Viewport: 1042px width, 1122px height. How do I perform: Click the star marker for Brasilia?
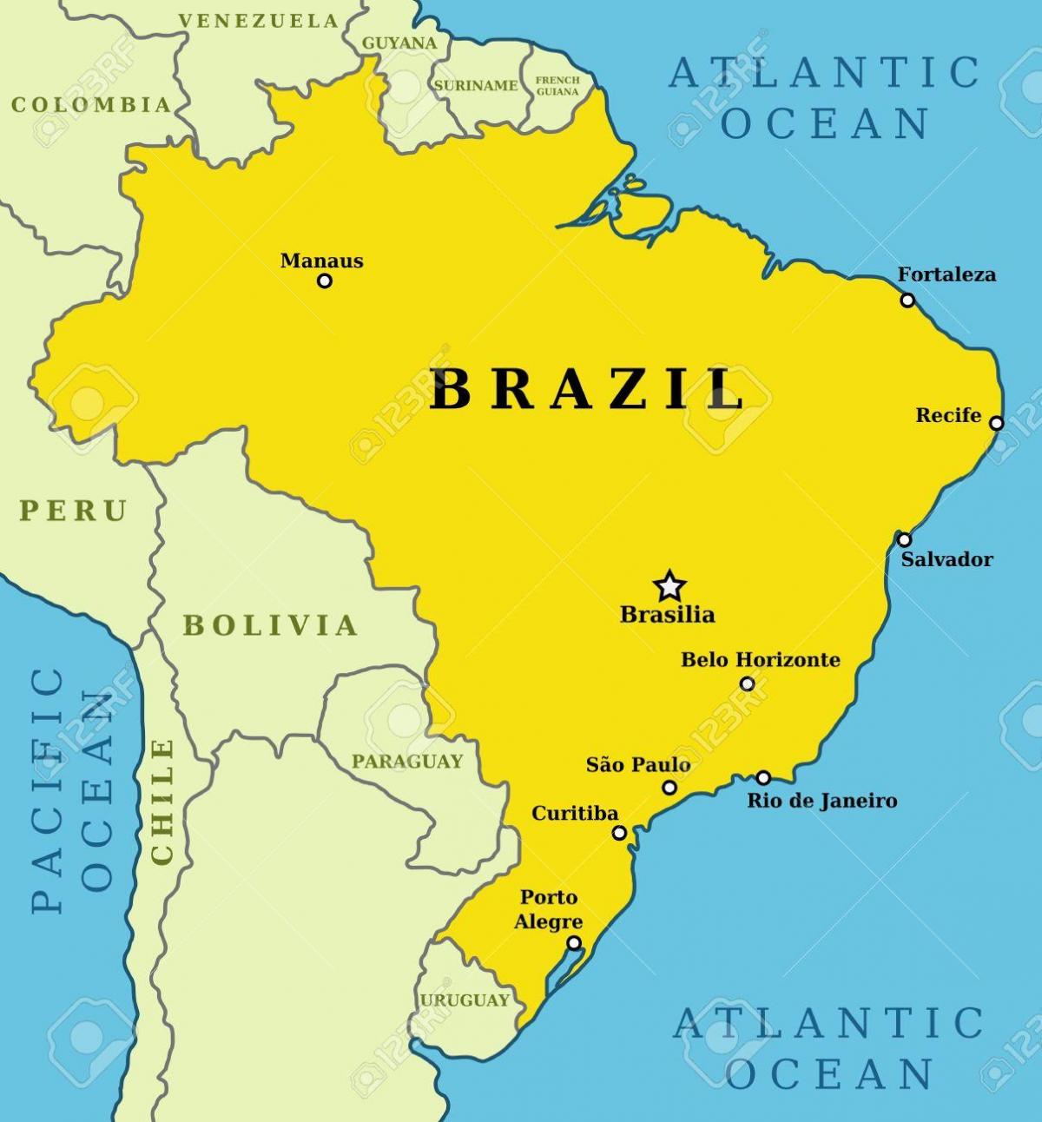pos(669,587)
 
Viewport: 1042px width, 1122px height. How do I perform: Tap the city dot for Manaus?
pos(325,280)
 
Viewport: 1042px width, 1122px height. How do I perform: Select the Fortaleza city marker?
pos(907,300)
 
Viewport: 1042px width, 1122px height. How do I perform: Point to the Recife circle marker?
pos(997,424)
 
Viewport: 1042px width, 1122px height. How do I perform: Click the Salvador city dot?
pos(905,539)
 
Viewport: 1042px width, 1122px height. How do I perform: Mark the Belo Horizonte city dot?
pos(747,684)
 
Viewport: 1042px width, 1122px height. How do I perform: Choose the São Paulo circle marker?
pos(669,788)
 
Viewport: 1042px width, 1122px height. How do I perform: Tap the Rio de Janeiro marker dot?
pos(763,777)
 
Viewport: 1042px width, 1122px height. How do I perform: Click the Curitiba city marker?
pos(619,833)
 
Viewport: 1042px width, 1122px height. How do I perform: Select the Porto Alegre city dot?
pos(574,943)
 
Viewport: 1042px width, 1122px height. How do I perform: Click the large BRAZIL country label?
pos(588,389)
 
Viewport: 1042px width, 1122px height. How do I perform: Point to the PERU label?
pos(74,511)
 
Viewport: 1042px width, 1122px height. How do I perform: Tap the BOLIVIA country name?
pos(269,625)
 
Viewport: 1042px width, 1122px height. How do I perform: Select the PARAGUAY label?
pos(406,762)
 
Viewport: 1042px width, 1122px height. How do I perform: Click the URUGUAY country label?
pos(465,1000)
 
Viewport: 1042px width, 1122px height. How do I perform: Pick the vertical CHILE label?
pos(162,801)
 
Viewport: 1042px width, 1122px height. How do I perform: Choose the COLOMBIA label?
pos(91,105)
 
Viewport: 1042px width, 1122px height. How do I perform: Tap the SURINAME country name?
pos(475,85)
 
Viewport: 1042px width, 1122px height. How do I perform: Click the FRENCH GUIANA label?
pos(557,85)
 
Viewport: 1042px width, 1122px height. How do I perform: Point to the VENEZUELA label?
pos(258,20)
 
